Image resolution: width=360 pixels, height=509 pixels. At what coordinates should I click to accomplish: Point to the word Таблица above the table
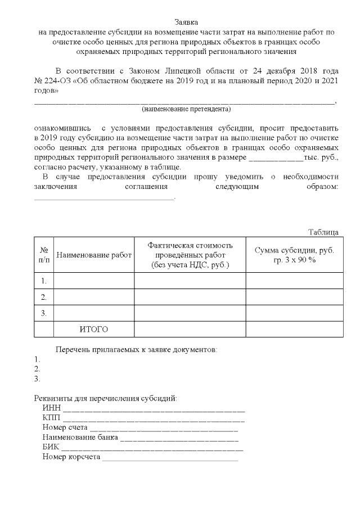(323, 232)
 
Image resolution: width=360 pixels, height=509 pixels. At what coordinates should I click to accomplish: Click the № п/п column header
(43, 255)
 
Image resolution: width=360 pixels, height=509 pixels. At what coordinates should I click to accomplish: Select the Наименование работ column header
(93, 255)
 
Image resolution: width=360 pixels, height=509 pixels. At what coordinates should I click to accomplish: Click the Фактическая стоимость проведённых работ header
(190, 255)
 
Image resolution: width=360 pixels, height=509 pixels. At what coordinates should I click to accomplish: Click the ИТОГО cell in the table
(93, 328)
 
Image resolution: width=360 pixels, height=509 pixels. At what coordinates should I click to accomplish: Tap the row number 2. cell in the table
(43, 296)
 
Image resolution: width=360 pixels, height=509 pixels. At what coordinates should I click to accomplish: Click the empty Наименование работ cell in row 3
(93, 313)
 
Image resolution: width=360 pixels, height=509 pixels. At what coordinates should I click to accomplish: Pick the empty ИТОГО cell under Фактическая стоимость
(190, 328)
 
